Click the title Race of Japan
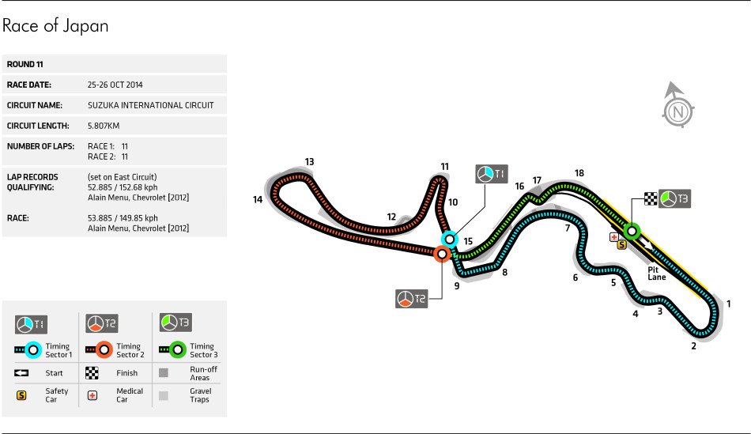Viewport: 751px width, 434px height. (x=55, y=26)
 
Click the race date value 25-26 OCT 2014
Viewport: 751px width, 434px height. (x=115, y=85)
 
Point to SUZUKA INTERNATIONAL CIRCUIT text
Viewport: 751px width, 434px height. (x=150, y=105)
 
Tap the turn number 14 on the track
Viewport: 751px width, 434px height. (x=258, y=200)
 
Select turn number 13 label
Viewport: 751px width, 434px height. (x=310, y=162)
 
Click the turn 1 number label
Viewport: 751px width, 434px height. (x=729, y=304)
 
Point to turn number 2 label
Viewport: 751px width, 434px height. (x=693, y=345)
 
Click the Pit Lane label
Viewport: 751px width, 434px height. (x=657, y=273)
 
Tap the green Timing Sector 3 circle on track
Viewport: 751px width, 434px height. (x=632, y=231)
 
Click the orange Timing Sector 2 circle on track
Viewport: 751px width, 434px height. (x=442, y=254)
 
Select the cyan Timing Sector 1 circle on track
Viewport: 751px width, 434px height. (x=449, y=238)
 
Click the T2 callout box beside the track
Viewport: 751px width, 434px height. (x=411, y=298)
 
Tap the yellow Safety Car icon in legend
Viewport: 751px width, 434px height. (x=21, y=394)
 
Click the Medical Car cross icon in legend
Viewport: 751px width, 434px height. (x=92, y=394)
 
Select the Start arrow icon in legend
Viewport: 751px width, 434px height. (x=21, y=372)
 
